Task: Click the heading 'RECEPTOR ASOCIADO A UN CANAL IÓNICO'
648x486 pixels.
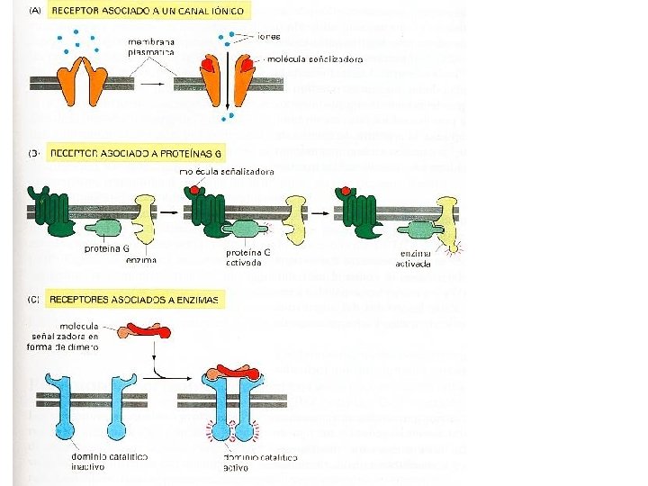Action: (151, 11)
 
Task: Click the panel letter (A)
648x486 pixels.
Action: (38, 11)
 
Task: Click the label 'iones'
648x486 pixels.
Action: (269, 37)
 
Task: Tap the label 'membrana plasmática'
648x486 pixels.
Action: (151, 49)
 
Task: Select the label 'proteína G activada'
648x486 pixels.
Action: (249, 257)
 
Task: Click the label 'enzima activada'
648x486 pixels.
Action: (415, 259)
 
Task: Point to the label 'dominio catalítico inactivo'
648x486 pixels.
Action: (109, 462)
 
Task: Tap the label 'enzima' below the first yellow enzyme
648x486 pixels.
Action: (141, 260)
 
